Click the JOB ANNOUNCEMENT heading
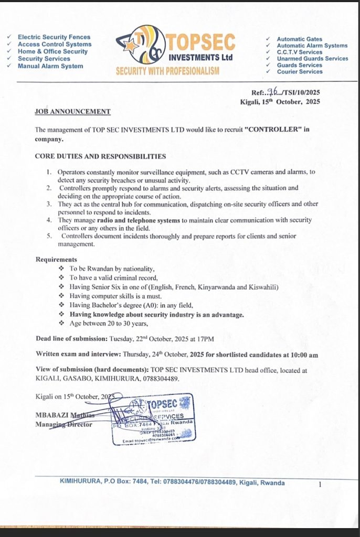click(72, 112)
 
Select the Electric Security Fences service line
click(54, 37)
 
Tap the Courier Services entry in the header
click(300, 72)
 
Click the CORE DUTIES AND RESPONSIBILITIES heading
click(100, 156)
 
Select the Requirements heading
click(56, 260)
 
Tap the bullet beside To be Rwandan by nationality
click(62, 268)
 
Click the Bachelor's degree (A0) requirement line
click(132, 305)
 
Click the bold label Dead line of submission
click(71, 338)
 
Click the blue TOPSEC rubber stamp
click(154, 417)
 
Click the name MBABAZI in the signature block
click(50, 415)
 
